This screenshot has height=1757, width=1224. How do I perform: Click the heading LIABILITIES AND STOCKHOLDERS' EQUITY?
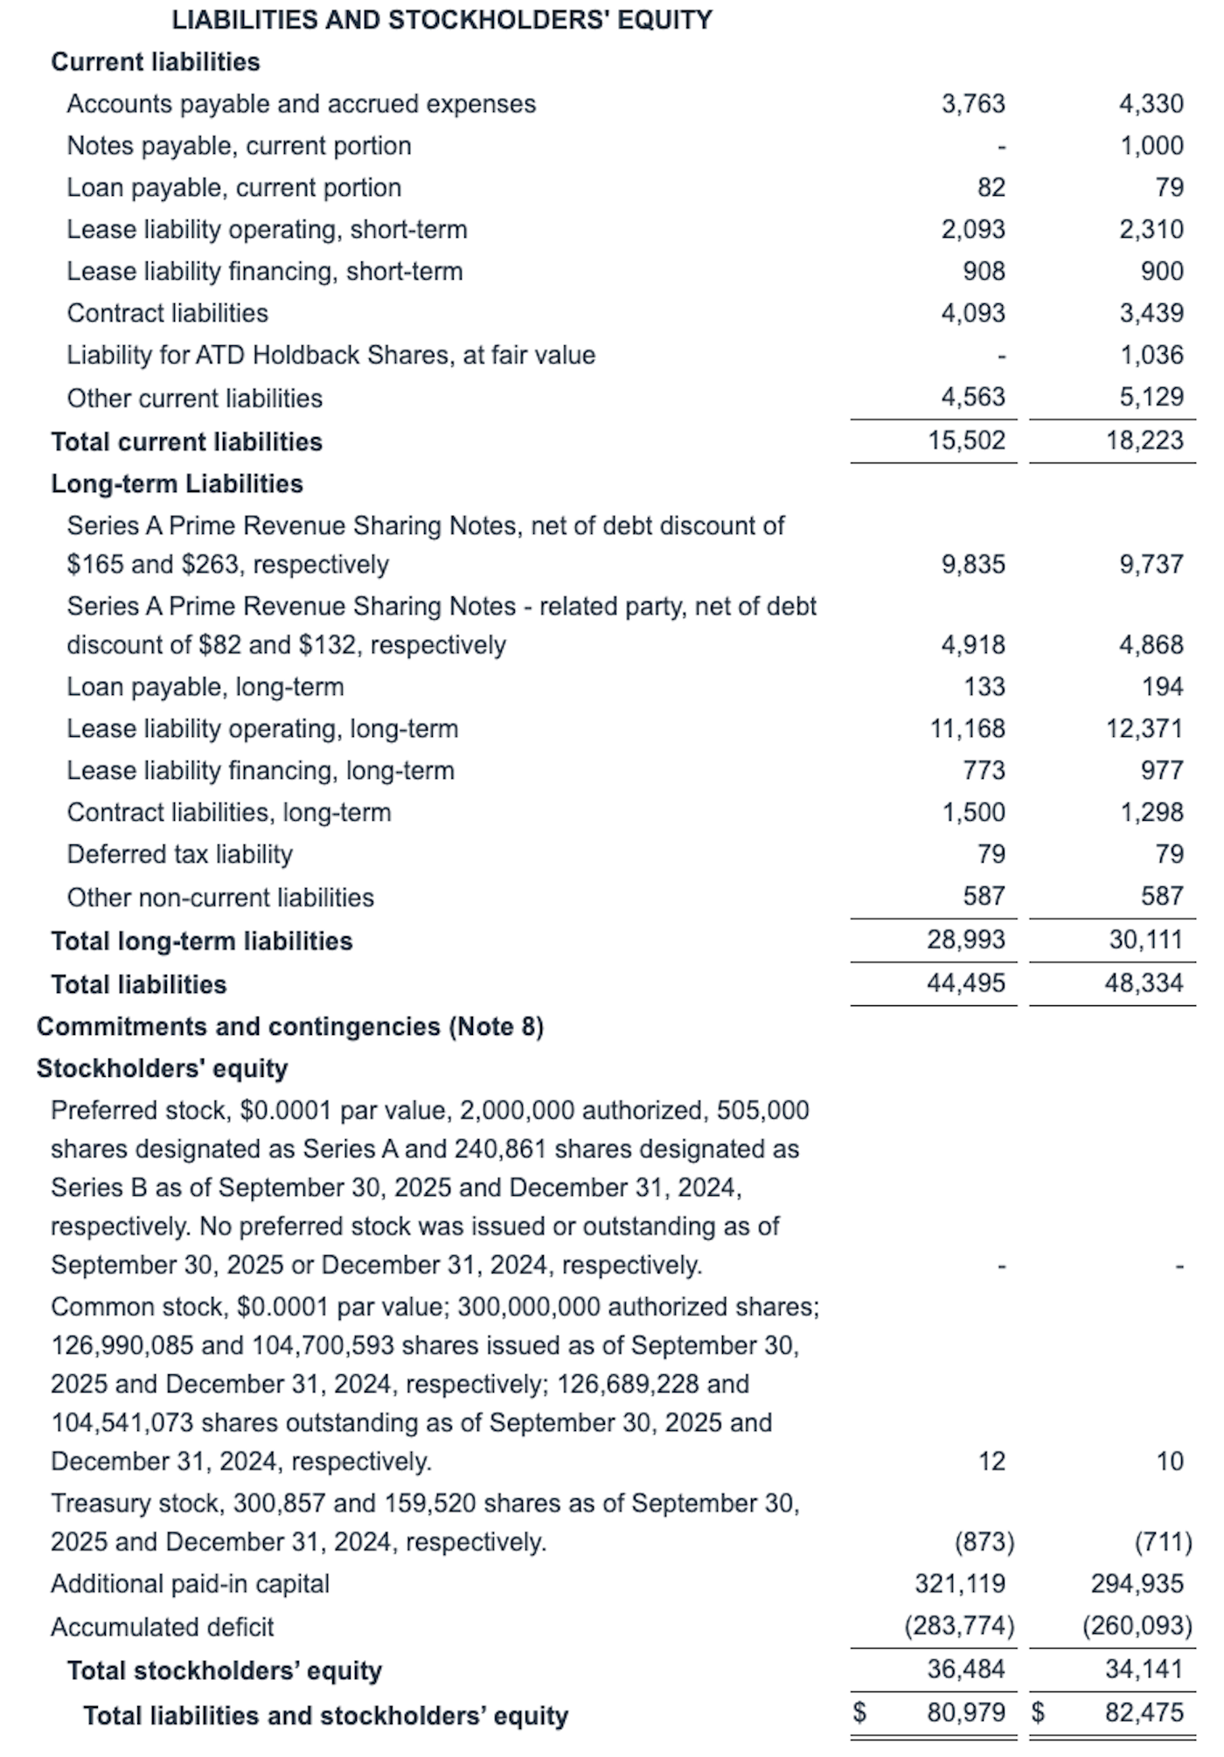pyautogui.click(x=442, y=20)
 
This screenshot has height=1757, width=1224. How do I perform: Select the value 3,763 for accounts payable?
pyautogui.click(x=973, y=104)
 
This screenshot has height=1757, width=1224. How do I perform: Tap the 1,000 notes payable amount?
pyautogui.click(x=1151, y=146)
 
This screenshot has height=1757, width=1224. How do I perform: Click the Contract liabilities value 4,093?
pyautogui.click(x=973, y=313)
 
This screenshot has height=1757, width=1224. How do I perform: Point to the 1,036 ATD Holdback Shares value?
pyautogui.click(x=1151, y=355)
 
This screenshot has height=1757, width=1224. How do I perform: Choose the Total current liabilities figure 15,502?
pyautogui.click(x=966, y=441)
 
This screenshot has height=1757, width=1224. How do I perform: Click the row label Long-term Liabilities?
pyautogui.click(x=177, y=483)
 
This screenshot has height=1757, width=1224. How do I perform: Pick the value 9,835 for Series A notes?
pyautogui.click(x=973, y=565)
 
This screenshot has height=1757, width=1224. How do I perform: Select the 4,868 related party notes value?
pyautogui.click(x=1151, y=645)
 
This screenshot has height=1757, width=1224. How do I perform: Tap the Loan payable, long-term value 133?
pyautogui.click(x=984, y=687)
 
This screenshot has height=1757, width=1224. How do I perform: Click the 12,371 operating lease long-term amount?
pyautogui.click(x=1144, y=729)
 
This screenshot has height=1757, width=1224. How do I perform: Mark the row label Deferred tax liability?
pyautogui.click(x=180, y=854)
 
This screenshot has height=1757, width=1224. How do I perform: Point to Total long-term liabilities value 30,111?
pyautogui.click(x=1144, y=940)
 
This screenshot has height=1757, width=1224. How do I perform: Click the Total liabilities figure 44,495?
pyautogui.click(x=966, y=983)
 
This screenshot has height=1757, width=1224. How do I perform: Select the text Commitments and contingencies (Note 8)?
pyautogui.click(x=290, y=1026)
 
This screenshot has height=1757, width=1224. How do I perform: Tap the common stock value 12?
pyautogui.click(x=991, y=1462)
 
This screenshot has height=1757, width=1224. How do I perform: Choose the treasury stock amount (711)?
pyautogui.click(x=1163, y=1542)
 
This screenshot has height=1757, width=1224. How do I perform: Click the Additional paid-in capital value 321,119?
pyautogui.click(x=960, y=1584)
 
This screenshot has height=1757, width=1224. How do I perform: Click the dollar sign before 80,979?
pyautogui.click(x=859, y=1712)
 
